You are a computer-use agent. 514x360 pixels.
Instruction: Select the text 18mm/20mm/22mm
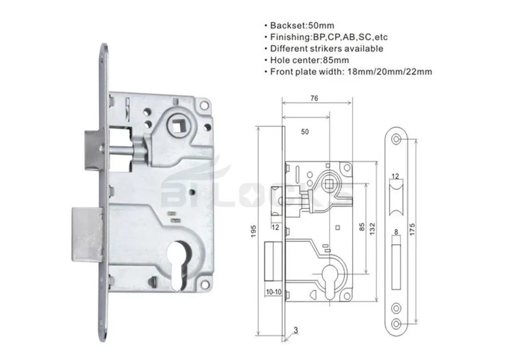399,71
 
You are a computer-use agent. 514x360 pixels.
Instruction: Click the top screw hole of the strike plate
397,139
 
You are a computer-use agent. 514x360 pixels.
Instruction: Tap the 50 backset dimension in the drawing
305,132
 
